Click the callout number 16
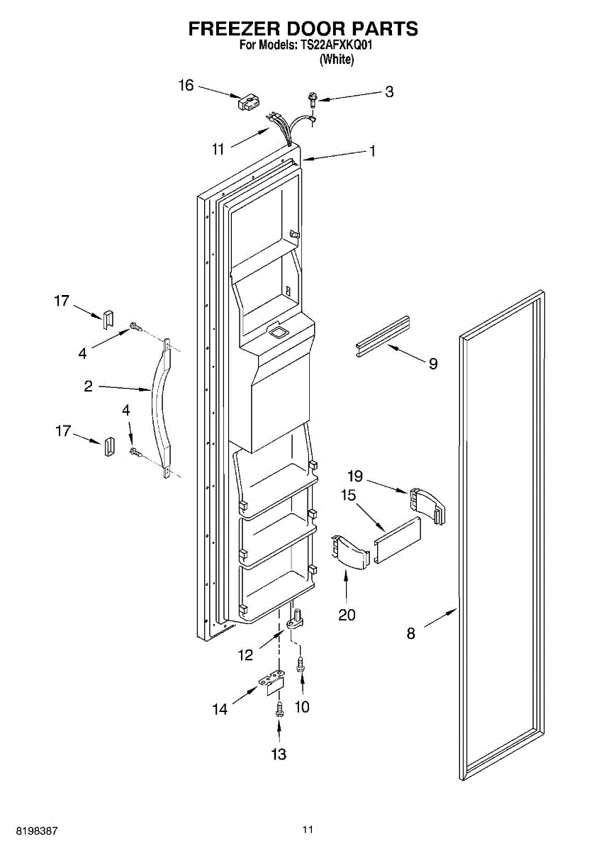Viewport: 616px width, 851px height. click(186, 86)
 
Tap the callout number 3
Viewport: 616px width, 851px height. click(389, 91)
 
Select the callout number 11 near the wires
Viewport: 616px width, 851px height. click(218, 149)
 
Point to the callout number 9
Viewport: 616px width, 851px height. click(432, 364)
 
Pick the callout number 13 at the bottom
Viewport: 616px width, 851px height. click(279, 755)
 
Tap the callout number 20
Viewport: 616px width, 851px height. click(347, 615)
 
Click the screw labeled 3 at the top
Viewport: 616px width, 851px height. click(311, 97)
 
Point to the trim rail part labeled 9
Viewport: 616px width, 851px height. click(383, 333)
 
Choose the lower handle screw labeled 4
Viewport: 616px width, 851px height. click(133, 451)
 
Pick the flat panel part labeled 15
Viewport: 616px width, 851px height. click(397, 540)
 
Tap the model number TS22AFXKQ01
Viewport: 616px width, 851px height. click(335, 45)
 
